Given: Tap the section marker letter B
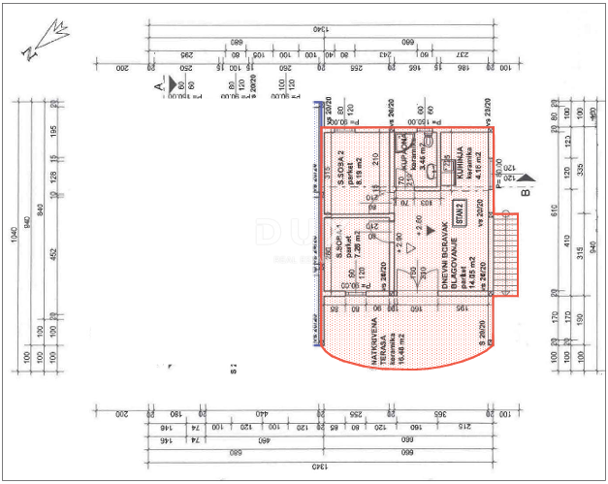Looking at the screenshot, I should [525, 192].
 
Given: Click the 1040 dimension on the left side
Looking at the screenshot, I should [15, 256].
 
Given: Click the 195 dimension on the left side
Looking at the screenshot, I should [53, 131].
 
